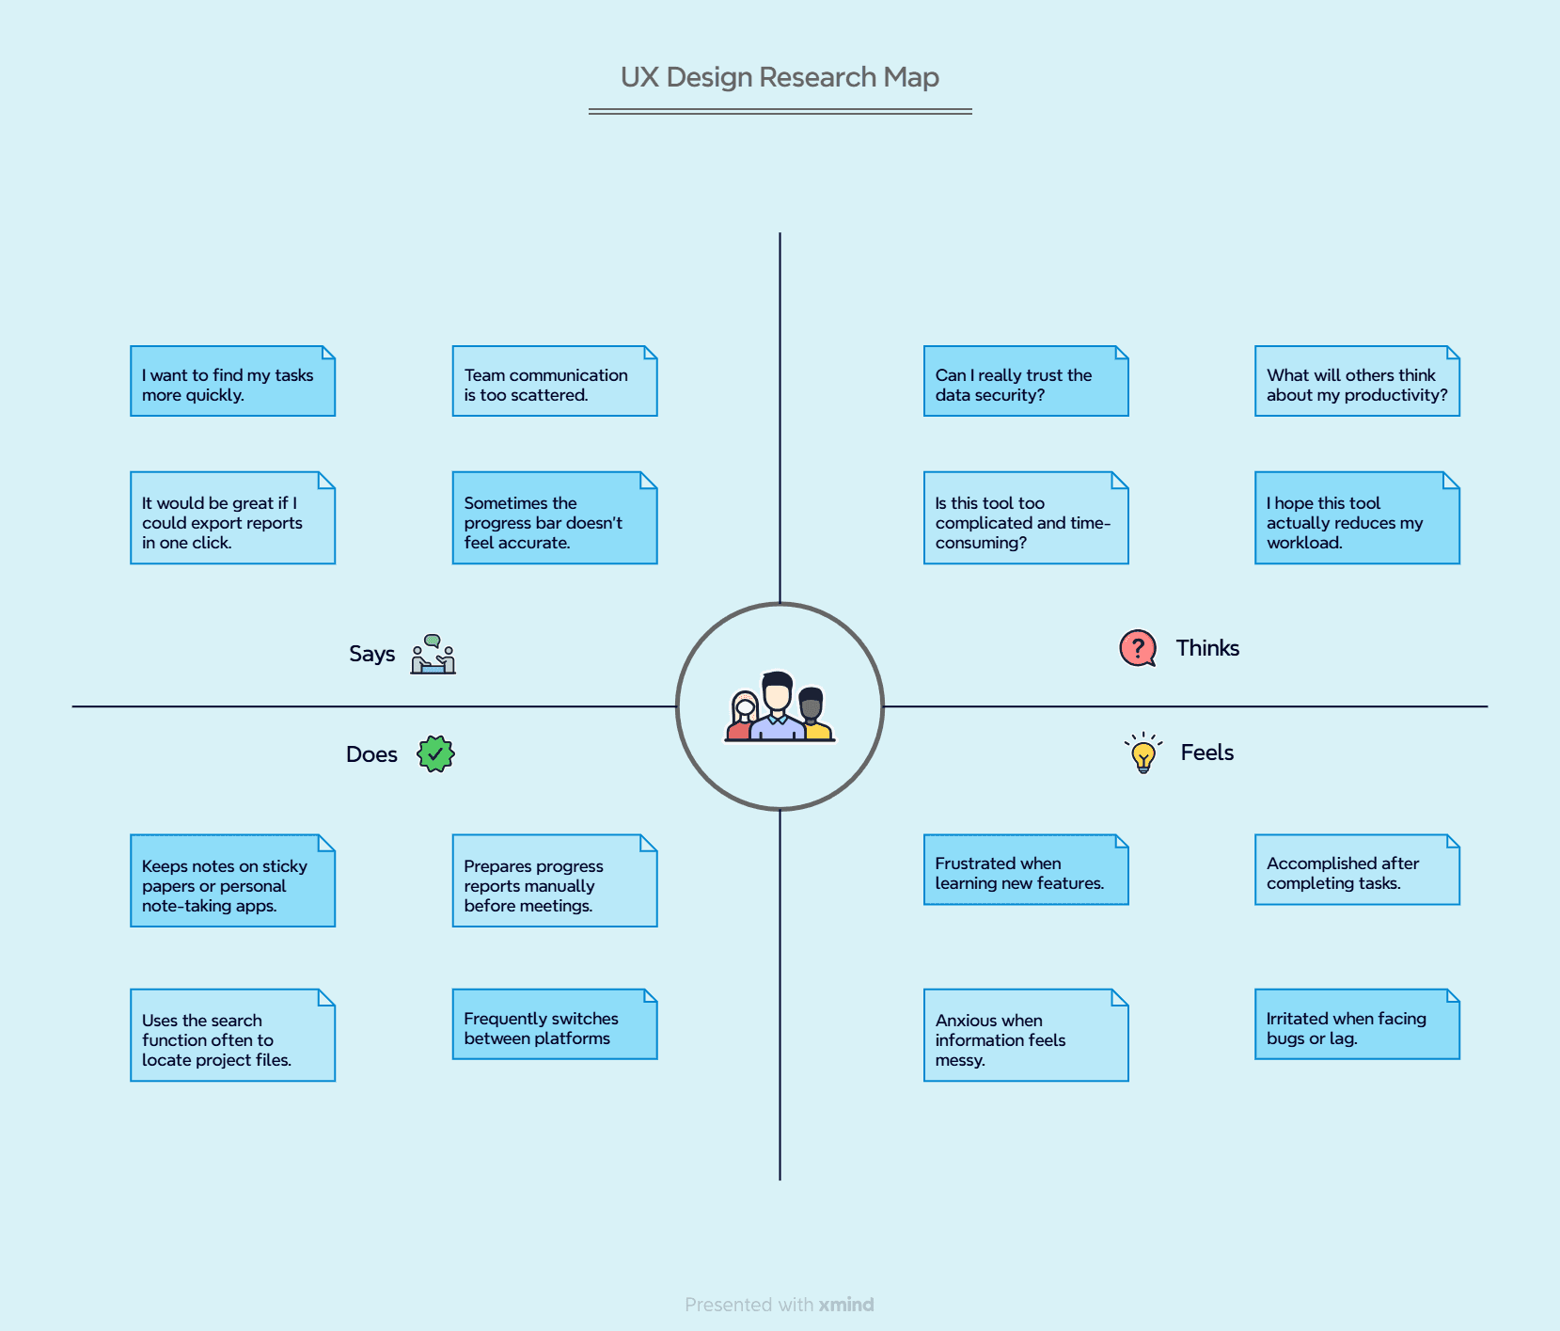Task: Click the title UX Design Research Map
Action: [780, 77]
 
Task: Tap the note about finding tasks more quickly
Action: [232, 382]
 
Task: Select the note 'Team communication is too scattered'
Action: [554, 382]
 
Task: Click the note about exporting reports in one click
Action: [232, 519]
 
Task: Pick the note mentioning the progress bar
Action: [554, 519]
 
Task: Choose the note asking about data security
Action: [1025, 382]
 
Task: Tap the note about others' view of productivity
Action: [1356, 382]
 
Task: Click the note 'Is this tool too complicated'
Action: [1025, 519]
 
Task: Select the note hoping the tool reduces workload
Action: [1356, 519]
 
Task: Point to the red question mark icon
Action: [1138, 648]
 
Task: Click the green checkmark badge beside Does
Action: [435, 753]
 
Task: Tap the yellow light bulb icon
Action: [1143, 753]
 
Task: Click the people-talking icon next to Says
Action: [433, 655]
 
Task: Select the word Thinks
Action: [1207, 648]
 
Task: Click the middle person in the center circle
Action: [778, 708]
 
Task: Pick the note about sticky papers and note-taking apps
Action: [232, 881]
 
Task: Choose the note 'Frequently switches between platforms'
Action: [554, 1025]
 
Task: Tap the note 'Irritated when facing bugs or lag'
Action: [1356, 1025]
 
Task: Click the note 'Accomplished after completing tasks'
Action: [1356, 871]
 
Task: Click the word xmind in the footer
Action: [845, 1305]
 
